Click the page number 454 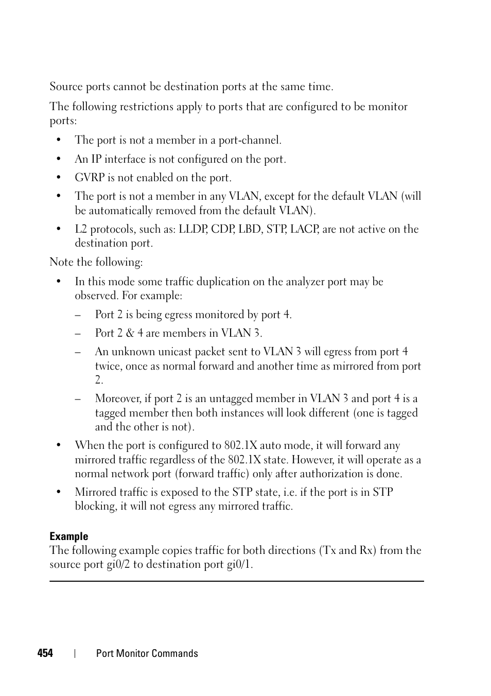tap(45, 653)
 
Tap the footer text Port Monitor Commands tap(147, 653)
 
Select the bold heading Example tap(68, 536)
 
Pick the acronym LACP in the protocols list tap(304, 229)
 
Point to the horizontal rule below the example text tap(236, 581)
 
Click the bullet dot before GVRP tap(59, 178)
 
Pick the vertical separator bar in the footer tap(75, 653)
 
